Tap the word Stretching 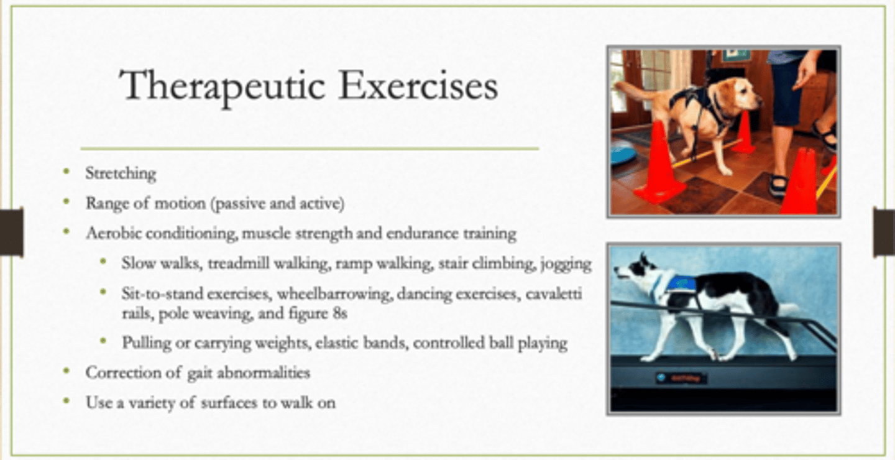pyautogui.click(x=121, y=173)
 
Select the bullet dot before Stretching pyautogui.click(x=67, y=171)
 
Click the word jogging pyautogui.click(x=566, y=264)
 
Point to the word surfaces pyautogui.click(x=229, y=402)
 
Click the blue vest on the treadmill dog pyautogui.click(x=681, y=283)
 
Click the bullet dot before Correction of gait pyautogui.click(x=67, y=371)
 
